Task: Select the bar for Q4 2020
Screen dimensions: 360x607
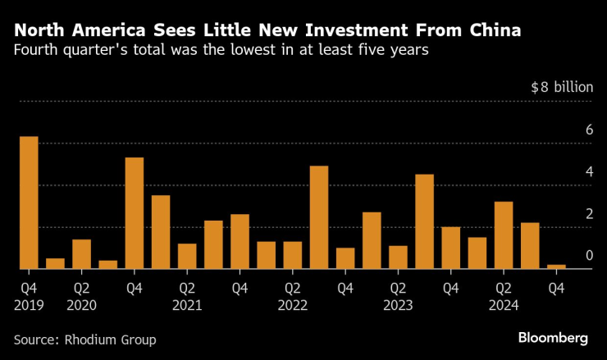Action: (x=135, y=213)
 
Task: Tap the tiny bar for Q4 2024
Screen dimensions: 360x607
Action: (x=556, y=266)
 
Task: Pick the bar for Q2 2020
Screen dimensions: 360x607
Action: (x=81, y=254)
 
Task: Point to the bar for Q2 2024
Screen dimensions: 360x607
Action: (x=504, y=235)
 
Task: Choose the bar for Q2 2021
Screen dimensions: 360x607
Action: (x=187, y=256)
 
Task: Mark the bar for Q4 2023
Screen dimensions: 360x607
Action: (x=451, y=248)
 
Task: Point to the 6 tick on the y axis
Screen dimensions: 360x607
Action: (x=588, y=130)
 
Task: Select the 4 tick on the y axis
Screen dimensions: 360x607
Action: (x=588, y=172)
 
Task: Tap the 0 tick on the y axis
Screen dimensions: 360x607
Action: (x=588, y=256)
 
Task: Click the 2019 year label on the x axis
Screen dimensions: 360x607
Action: (x=29, y=305)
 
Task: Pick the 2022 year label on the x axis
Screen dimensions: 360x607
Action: (x=293, y=305)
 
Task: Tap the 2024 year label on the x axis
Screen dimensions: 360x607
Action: (x=504, y=305)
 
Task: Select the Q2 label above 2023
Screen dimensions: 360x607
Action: (x=398, y=288)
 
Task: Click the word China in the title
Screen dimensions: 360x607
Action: (x=495, y=32)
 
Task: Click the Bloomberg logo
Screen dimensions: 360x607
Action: (x=553, y=338)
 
